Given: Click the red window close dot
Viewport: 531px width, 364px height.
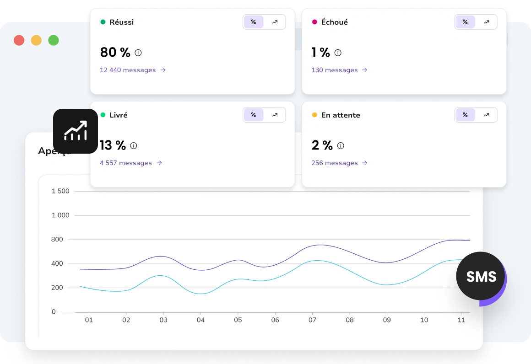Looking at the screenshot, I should (19, 40).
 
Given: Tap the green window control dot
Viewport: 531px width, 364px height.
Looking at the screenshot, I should (54, 40).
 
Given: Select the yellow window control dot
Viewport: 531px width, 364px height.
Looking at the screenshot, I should (36, 40).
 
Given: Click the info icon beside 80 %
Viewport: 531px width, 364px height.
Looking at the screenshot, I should (138, 53).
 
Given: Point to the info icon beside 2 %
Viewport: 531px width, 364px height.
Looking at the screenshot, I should (341, 145).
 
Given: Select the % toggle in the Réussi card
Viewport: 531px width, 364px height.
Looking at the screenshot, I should (254, 22).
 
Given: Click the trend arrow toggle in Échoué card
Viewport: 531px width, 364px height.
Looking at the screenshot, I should (486, 22).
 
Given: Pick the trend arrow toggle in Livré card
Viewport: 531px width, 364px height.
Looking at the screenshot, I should (275, 115).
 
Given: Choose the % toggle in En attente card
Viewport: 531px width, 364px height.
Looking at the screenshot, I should (465, 115).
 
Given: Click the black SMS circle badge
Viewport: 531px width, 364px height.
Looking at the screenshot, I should (481, 276).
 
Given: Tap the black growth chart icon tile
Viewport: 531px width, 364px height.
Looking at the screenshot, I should (76, 131).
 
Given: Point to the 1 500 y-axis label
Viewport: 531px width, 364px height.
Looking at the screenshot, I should (60, 191).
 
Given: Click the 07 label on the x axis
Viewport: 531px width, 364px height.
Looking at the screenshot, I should (312, 320).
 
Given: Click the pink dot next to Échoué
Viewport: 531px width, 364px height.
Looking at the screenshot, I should (314, 22).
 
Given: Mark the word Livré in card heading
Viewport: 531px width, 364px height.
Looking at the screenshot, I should (119, 115).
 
